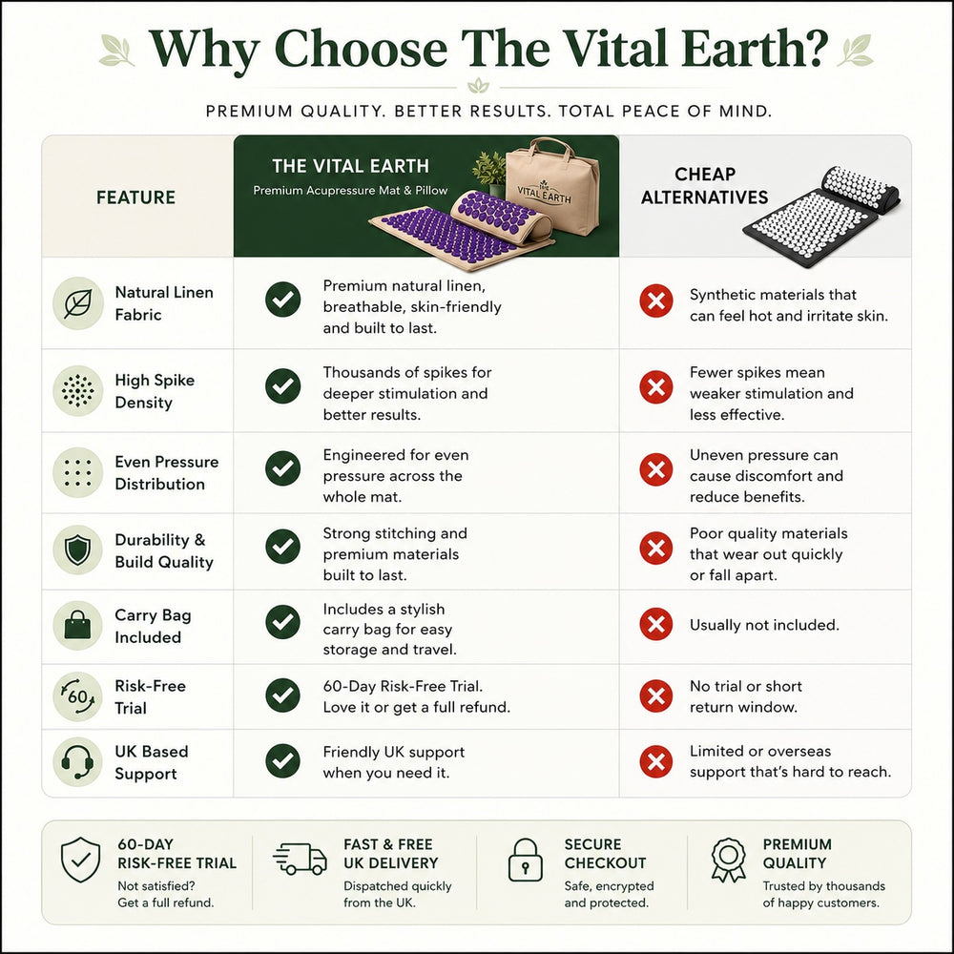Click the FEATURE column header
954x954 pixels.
[135, 197]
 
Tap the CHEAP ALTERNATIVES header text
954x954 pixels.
[705, 186]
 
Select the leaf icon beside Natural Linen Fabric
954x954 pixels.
[78, 303]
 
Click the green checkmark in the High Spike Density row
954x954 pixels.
[283, 385]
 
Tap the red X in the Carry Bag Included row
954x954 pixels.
[656, 624]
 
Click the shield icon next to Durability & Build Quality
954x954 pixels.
[78, 550]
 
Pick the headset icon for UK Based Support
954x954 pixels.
[78, 761]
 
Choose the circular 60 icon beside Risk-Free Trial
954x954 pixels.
[78, 696]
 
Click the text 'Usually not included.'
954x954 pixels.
[764, 625]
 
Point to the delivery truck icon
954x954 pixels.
[300, 860]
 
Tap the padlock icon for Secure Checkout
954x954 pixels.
[525, 860]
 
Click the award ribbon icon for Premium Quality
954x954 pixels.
[728, 860]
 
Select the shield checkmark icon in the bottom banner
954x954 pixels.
[81, 860]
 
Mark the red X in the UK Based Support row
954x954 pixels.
[656, 761]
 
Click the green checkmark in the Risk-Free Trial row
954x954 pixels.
[283, 695]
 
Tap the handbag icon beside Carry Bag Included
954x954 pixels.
[78, 626]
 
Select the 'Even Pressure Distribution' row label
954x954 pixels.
[167, 473]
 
